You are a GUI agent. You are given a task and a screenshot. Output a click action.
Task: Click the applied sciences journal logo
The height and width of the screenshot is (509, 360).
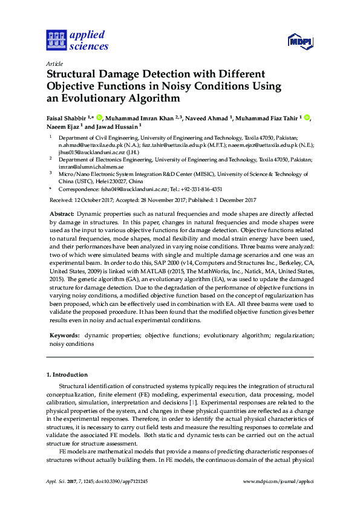click(77, 40)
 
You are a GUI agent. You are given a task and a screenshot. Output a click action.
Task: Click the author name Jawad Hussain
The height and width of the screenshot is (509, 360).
click(117, 127)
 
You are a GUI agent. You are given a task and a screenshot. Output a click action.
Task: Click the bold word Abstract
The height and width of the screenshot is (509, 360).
click(61, 214)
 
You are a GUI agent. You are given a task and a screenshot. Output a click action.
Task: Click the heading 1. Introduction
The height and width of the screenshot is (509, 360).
click(67, 375)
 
